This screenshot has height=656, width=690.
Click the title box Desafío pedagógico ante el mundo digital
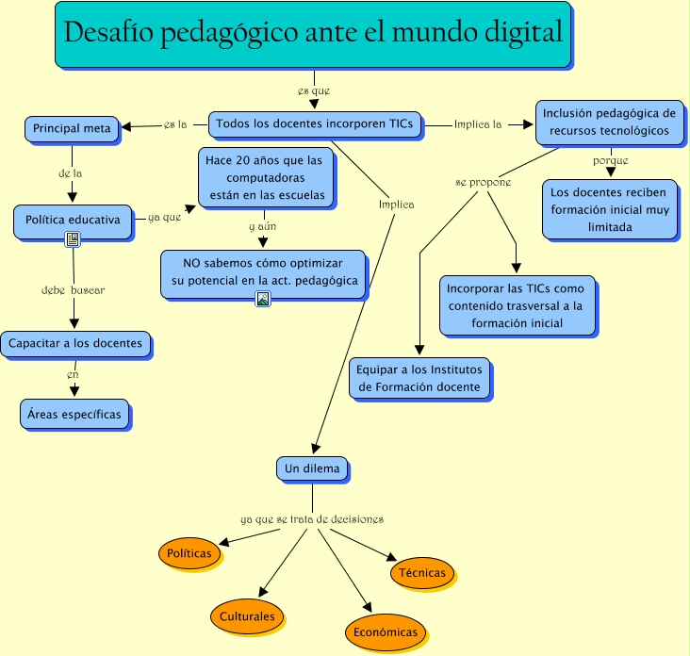[x=313, y=35]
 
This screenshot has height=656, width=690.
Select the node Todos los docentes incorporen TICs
[x=315, y=123]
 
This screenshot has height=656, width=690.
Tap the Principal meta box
[x=72, y=128]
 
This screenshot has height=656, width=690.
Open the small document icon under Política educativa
[x=72, y=240]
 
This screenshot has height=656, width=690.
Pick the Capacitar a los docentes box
[x=75, y=344]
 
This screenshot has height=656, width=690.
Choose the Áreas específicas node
[x=74, y=413]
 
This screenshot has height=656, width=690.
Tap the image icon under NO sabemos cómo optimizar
[x=263, y=299]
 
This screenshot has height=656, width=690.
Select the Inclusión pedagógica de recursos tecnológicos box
[x=609, y=122]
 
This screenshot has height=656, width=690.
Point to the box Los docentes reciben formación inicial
[x=609, y=209]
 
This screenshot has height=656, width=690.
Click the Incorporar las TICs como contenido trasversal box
[x=516, y=305]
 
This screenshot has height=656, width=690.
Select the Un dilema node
[x=312, y=467]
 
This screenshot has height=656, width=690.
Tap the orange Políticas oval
[x=189, y=553]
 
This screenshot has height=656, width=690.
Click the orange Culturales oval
[x=247, y=616]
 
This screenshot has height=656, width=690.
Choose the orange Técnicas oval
[x=421, y=572]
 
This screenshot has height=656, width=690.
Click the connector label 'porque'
[x=611, y=161]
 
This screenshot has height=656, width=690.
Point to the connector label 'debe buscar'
[x=73, y=290]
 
